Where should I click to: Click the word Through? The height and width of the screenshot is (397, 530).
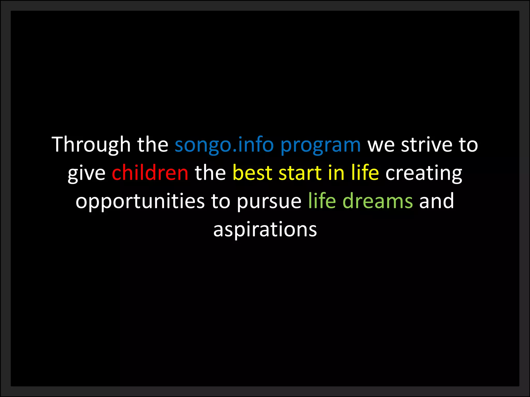click(91, 145)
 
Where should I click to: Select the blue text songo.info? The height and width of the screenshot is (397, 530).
click(224, 145)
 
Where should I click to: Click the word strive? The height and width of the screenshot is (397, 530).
click(426, 145)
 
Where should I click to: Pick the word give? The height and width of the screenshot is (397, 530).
click(86, 173)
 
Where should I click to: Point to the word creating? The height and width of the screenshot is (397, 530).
click(424, 173)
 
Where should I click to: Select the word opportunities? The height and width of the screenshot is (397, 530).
click(140, 201)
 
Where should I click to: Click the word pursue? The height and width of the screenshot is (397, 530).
click(269, 201)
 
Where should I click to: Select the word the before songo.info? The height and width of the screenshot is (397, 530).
click(153, 145)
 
